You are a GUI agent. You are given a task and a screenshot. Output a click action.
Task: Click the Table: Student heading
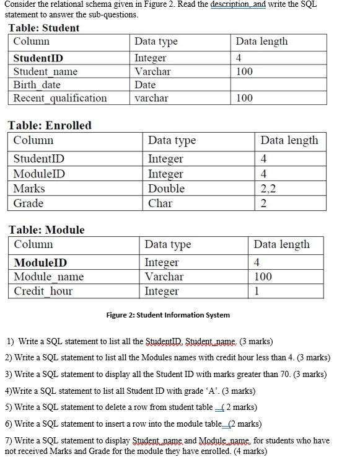click(43, 28)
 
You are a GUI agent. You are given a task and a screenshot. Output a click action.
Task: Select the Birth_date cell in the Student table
click(37, 85)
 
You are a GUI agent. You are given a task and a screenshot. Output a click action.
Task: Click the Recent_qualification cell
click(60, 98)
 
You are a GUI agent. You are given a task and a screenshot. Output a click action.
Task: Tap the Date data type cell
click(145, 85)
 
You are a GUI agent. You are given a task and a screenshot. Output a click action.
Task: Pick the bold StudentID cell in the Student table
click(38, 58)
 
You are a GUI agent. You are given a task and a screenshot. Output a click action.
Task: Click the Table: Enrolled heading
click(50, 125)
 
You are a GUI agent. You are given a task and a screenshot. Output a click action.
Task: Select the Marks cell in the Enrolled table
click(29, 189)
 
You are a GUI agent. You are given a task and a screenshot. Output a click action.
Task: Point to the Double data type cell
click(166, 189)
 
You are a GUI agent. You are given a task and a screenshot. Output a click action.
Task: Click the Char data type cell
click(160, 203)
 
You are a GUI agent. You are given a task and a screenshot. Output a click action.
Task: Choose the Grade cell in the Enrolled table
click(29, 203)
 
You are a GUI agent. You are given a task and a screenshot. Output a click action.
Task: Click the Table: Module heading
click(46, 229)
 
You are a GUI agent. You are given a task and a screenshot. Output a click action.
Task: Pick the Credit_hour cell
click(43, 291)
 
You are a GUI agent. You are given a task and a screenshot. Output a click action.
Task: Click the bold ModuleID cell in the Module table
click(40, 262)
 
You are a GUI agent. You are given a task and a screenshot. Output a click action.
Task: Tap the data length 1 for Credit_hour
click(257, 291)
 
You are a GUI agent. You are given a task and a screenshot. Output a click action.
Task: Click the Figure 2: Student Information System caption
click(168, 315)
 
